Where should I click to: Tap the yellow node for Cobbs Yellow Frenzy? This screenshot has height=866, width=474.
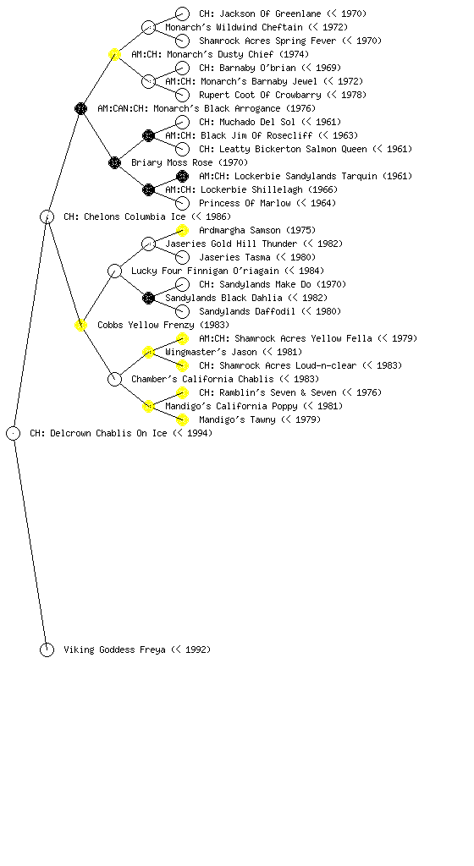click(80, 325)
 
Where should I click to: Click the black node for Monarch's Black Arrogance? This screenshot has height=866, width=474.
click(80, 108)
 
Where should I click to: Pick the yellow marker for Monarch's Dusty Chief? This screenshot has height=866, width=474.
click(114, 54)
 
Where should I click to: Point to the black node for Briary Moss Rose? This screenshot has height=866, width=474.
click(114, 162)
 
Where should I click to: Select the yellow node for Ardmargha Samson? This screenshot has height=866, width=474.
click(182, 230)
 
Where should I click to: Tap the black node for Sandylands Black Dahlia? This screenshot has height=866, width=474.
click(148, 298)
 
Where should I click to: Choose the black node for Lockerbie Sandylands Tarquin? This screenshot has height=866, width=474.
click(182, 176)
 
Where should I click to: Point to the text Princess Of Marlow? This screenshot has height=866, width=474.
click(245, 203)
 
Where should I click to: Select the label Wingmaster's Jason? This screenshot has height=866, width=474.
click(211, 352)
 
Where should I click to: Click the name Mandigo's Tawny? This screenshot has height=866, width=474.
click(237, 419)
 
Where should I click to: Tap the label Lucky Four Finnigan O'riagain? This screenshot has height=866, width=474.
click(205, 271)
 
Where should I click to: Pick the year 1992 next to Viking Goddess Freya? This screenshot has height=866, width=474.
click(196, 649)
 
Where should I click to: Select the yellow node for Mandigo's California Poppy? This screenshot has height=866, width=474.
click(148, 406)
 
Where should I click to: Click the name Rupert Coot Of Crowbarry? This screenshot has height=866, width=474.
click(260, 95)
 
